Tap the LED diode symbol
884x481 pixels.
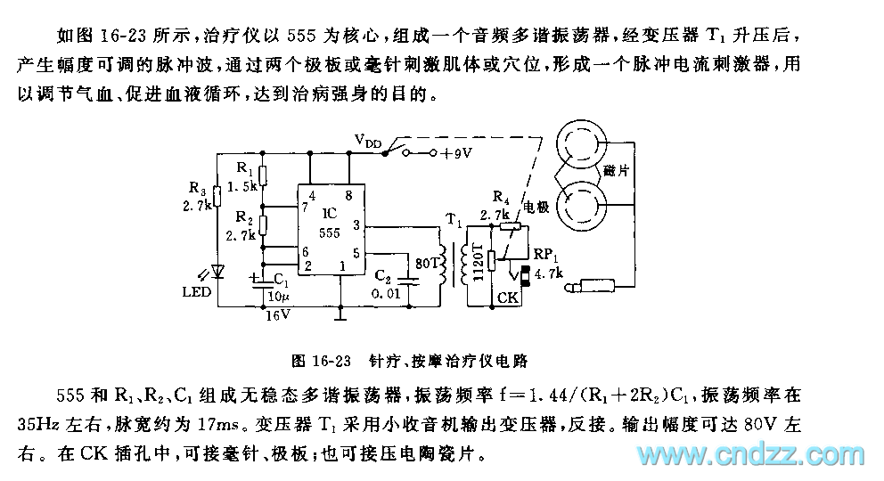point(217,272)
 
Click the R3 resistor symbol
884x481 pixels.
point(217,197)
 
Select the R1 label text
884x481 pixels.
point(246,167)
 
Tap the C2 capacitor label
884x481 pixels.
point(381,277)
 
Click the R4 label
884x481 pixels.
point(502,197)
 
